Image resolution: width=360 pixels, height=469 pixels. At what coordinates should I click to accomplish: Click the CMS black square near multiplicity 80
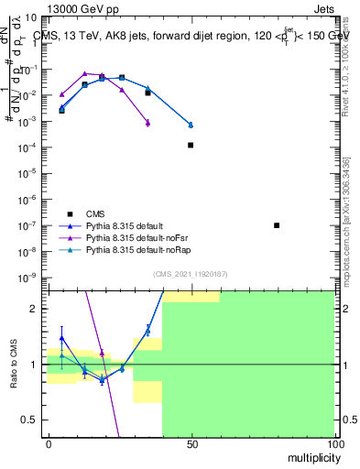click(x=277, y=225)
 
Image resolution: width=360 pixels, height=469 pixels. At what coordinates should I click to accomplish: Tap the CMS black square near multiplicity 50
click(x=191, y=145)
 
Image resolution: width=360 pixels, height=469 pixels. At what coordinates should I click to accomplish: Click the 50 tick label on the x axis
click(x=191, y=443)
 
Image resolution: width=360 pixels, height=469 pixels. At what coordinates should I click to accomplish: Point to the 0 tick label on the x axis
click(x=48, y=443)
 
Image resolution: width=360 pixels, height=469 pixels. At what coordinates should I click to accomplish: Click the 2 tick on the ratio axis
click(x=37, y=309)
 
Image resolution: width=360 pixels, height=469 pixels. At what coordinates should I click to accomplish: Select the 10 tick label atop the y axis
click(x=31, y=17)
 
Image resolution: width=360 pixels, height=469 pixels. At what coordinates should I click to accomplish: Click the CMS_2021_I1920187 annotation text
click(x=191, y=273)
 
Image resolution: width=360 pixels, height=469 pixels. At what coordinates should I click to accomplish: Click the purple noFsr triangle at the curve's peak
click(x=84, y=73)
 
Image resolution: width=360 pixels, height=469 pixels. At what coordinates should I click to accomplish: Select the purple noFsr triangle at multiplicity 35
click(x=147, y=122)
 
